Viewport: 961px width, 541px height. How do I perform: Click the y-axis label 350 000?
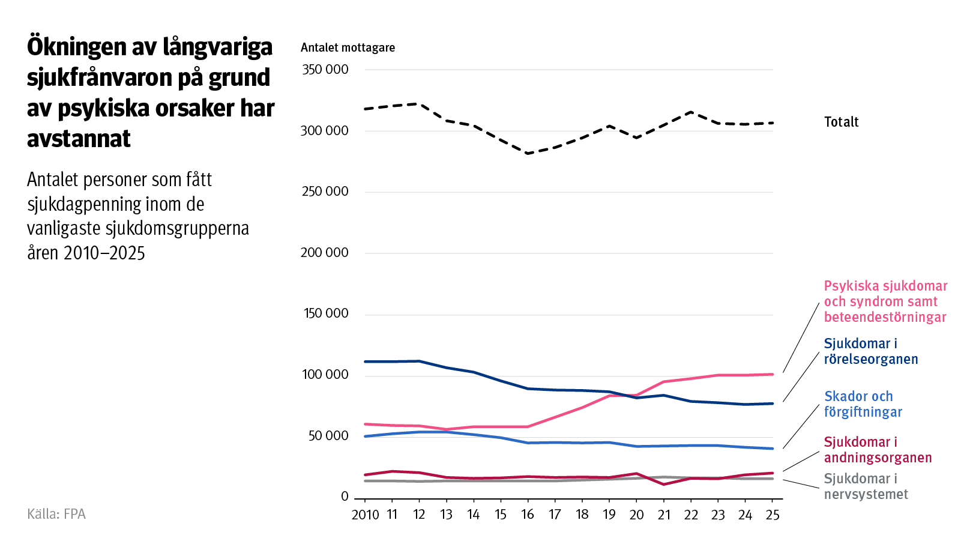[325, 70]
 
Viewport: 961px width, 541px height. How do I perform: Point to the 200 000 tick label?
[324, 253]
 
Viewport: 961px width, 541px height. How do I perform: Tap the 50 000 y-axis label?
[328, 436]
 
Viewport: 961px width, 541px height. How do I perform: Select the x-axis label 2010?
[365, 515]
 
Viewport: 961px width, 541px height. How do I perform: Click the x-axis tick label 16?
[528, 515]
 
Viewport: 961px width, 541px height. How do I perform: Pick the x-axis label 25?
[773, 515]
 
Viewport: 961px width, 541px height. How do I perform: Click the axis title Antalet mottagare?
[348, 47]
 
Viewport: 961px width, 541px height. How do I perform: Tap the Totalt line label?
[841, 122]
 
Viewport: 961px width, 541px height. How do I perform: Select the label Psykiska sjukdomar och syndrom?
[885, 301]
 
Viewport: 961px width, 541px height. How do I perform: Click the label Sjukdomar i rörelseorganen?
[870, 351]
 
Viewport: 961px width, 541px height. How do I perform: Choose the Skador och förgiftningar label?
[863, 404]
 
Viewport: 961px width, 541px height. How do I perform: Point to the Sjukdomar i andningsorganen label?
[877, 450]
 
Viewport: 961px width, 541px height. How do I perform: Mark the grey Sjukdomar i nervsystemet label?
[865, 486]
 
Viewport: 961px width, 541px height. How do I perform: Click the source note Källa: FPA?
[56, 514]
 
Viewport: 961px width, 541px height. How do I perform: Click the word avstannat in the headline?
[79, 139]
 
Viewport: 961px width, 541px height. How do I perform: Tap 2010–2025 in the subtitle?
[104, 253]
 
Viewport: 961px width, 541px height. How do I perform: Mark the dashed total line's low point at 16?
[528, 154]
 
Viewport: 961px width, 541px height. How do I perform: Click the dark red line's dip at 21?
[664, 484]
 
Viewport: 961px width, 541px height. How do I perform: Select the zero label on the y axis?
[345, 497]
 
